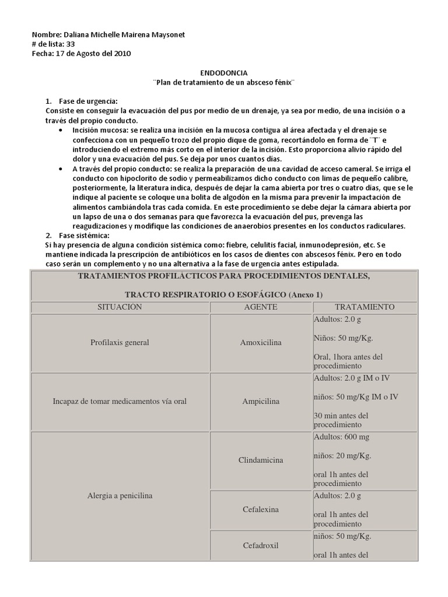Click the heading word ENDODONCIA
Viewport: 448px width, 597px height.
[224, 73]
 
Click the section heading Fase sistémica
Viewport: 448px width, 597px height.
[84, 235]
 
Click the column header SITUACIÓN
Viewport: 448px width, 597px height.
[119, 307]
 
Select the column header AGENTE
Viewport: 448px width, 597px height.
[260, 307]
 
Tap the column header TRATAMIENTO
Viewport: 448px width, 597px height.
[365, 307]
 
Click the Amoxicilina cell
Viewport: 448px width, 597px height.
[260, 343]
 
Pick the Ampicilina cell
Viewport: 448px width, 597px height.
[260, 402]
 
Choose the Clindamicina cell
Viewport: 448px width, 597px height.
[260, 461]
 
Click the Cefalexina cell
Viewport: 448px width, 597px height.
[260, 510]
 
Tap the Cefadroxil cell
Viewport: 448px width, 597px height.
[260, 546]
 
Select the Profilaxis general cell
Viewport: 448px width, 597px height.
[120, 343]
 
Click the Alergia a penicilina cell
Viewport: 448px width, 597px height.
[119, 496]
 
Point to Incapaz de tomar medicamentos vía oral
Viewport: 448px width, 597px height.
[120, 402]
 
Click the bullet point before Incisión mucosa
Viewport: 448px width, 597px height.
[61, 130]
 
